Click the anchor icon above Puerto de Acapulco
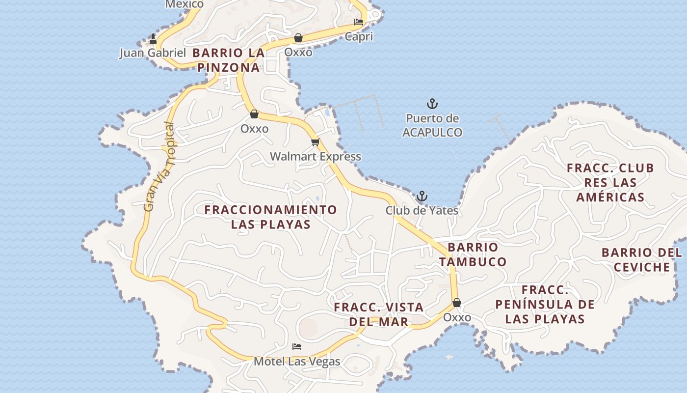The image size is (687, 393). coord(432,104)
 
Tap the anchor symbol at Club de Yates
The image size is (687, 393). coord(422,196)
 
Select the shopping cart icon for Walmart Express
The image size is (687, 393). coord(315,142)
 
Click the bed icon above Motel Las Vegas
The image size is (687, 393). coord(297,347)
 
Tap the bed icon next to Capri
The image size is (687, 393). coord(359,22)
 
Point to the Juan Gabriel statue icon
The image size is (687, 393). coord(153,39)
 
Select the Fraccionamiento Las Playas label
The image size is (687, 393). coord(271,217)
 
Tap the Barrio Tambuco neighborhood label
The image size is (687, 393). coord(473,254)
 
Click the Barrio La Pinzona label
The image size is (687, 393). coord(229,60)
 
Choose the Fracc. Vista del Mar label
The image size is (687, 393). coord(379,314)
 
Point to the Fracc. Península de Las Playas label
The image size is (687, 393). coord(545,305)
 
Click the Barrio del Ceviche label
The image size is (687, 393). coord(642,260)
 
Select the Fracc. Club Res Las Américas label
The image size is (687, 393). coord(610,183)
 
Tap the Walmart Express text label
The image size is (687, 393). coord(316,157)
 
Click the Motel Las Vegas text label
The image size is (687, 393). coord(297,362)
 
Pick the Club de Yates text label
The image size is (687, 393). coord(422,211)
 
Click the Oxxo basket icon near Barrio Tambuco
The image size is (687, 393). coord(457,303)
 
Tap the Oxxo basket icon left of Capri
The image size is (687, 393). coord(298,38)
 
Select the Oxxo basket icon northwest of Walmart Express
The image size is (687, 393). coord(254,114)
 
